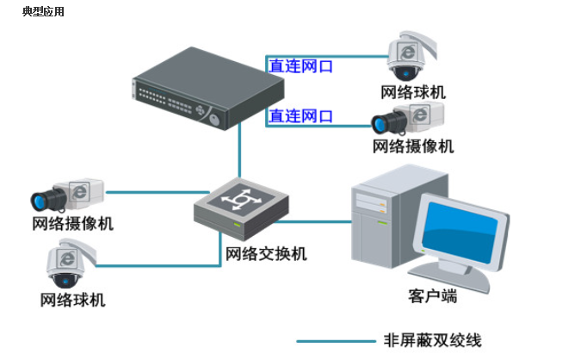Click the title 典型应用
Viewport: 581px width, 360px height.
(43, 12)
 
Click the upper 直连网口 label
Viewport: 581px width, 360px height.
(300, 66)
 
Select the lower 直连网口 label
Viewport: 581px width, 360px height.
(300, 116)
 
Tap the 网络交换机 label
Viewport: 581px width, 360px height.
(266, 254)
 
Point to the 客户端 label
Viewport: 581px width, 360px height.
(432, 296)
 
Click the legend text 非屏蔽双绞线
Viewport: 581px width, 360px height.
(432, 340)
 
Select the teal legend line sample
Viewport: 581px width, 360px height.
(336, 341)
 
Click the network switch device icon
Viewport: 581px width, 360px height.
(241, 208)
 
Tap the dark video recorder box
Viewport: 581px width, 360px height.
(208, 88)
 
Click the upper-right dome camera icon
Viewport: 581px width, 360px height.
(411, 56)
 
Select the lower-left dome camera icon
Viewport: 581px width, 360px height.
(70, 264)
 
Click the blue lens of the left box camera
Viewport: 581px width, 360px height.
(39, 201)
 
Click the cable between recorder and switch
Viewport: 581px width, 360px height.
(240, 150)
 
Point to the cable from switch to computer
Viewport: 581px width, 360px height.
(312, 222)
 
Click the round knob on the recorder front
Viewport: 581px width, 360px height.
(214, 120)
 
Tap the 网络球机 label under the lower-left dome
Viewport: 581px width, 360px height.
(72, 300)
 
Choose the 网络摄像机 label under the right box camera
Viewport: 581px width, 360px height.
(413, 146)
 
